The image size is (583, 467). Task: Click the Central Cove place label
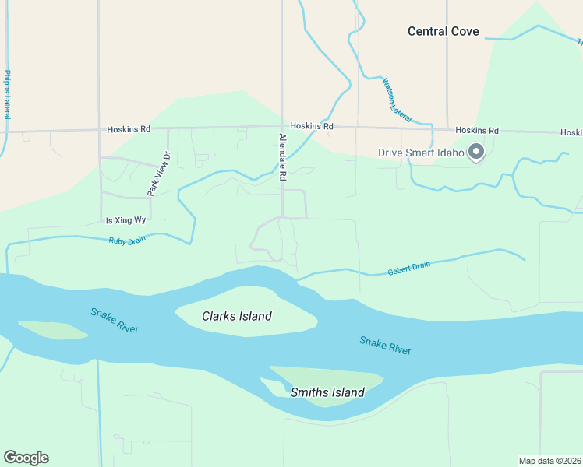pos(443,32)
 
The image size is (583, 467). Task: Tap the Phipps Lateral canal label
pos(7,94)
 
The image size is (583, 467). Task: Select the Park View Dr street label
pos(159,172)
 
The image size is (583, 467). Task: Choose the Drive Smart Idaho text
pos(421,153)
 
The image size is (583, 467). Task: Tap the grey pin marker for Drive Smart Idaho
pos(477,152)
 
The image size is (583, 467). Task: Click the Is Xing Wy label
pos(126,220)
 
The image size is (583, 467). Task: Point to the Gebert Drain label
pos(409,269)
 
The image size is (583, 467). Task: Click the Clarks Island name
pos(237,316)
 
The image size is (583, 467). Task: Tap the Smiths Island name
pos(327,392)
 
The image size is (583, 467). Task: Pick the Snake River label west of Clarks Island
pos(114,321)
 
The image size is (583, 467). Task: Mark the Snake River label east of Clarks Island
pos(385,346)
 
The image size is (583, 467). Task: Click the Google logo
pos(26,458)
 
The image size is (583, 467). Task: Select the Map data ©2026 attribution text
pos(549,461)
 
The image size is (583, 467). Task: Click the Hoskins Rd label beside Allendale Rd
pos(312,126)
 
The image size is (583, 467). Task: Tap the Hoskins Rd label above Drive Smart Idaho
pos(477,131)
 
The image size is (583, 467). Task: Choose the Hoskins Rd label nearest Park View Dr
pos(129,130)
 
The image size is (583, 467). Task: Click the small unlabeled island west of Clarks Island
pos(53,330)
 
